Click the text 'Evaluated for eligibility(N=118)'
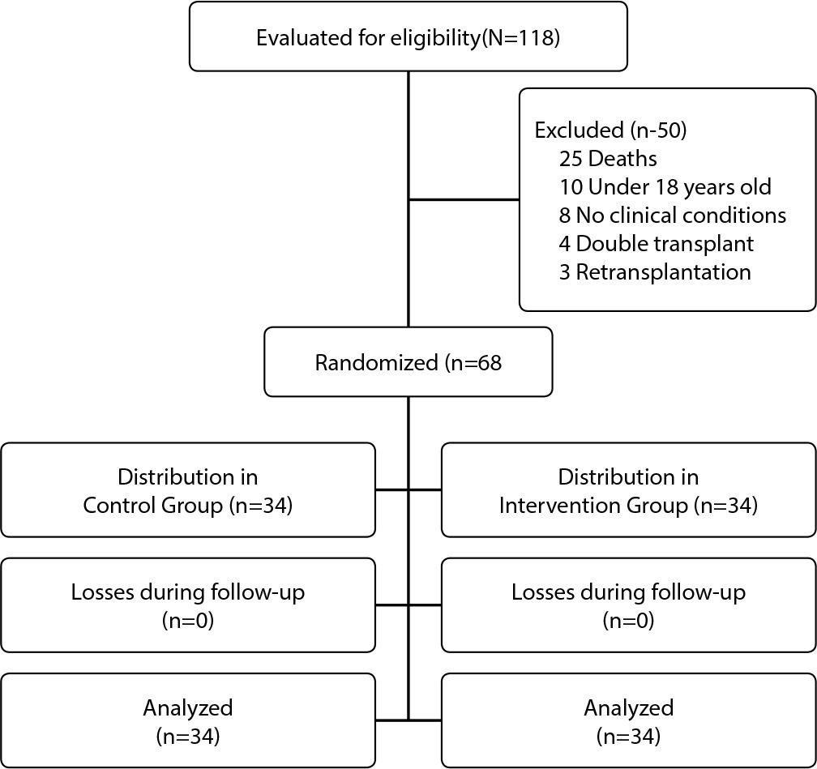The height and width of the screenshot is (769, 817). pos(408,38)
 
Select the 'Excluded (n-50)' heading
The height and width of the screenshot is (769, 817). pos(610,130)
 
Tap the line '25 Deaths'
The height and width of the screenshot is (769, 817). pos(608,158)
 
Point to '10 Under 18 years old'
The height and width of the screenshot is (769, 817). pos(665,187)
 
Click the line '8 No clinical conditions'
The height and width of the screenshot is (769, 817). pos(672,216)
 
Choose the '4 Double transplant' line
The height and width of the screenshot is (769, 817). pos(656,244)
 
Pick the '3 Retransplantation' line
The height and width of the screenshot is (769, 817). pos(655,272)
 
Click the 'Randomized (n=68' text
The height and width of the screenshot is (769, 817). pos(408,362)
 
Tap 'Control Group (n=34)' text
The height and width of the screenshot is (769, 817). pos(187,506)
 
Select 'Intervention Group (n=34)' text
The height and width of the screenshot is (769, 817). pos(628,506)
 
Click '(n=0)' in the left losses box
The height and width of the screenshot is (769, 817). pos(187,621)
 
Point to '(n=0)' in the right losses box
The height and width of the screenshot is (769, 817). pos(628,621)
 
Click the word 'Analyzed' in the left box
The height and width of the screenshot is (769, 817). pos(187,708)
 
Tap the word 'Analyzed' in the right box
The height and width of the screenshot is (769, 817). pos(628,708)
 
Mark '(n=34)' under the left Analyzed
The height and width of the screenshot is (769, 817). pos(187,736)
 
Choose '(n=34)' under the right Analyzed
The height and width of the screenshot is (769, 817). pos(628,736)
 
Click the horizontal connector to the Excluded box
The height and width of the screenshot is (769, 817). pos(464,199)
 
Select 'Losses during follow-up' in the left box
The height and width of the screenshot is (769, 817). pos(187,592)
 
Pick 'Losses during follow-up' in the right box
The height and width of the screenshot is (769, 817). pos(628,592)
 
